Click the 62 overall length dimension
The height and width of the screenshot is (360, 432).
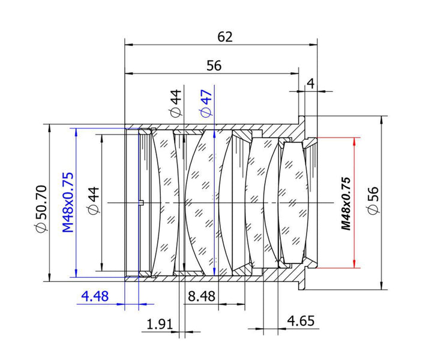tap(225, 37)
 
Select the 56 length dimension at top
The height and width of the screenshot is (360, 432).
tap(214, 66)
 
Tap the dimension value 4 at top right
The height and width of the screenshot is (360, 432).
tap(310, 83)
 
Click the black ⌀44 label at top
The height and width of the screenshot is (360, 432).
tap(175, 104)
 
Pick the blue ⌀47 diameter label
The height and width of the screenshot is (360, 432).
tap(205, 104)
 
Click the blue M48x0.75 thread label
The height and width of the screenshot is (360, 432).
tap(67, 202)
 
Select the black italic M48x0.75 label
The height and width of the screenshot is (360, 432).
tap(345, 203)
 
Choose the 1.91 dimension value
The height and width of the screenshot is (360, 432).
tap(160, 324)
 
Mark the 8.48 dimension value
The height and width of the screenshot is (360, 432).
tap(202, 296)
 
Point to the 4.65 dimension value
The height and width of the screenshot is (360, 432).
tap(301, 321)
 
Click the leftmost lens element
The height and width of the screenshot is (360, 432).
tap(161, 202)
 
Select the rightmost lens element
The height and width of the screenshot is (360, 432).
tap(294, 202)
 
